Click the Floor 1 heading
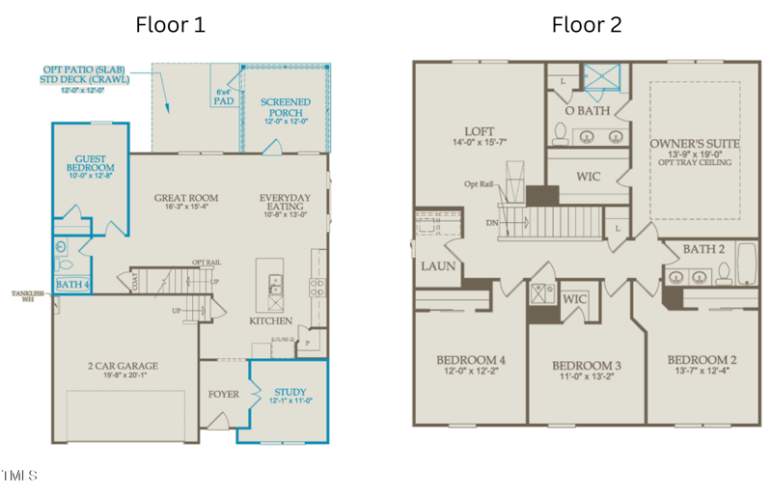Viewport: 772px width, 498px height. pos(170,24)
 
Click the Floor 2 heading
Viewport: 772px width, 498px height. pos(587,24)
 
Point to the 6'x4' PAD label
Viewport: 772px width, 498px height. pos(224,97)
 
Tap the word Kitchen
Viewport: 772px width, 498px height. pos(271,320)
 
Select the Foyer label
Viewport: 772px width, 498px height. pos(223,394)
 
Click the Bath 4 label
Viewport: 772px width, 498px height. pos(71,285)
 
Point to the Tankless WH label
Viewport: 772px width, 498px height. pos(28,296)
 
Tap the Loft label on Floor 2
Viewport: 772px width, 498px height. pos(480,132)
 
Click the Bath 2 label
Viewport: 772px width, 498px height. pos(703,250)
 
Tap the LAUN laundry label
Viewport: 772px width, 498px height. pos(437,266)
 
